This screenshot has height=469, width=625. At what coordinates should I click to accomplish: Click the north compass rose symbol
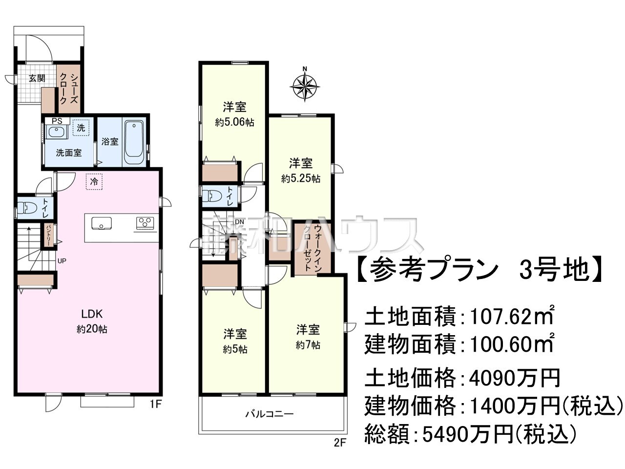pos(305,87)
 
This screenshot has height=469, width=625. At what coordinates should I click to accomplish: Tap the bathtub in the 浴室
pos(133,142)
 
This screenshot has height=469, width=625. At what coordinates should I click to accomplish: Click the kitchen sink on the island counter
pos(101,223)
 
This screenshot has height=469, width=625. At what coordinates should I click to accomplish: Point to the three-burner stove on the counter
pos(145,223)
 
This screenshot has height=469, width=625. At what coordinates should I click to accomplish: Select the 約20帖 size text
pos(92,329)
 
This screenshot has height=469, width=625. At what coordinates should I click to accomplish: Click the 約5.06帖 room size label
pos(234,122)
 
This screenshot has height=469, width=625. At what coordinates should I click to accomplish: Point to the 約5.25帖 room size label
pos(301,179)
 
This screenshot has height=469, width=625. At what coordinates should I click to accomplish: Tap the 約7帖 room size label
pos(308,345)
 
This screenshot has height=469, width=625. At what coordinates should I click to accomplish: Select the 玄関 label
pos(37,78)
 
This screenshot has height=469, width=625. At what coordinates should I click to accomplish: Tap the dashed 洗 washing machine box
pos(81,128)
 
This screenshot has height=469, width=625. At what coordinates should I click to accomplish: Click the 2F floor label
pos(340,444)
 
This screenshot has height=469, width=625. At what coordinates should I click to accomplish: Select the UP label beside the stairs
pos(62,261)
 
